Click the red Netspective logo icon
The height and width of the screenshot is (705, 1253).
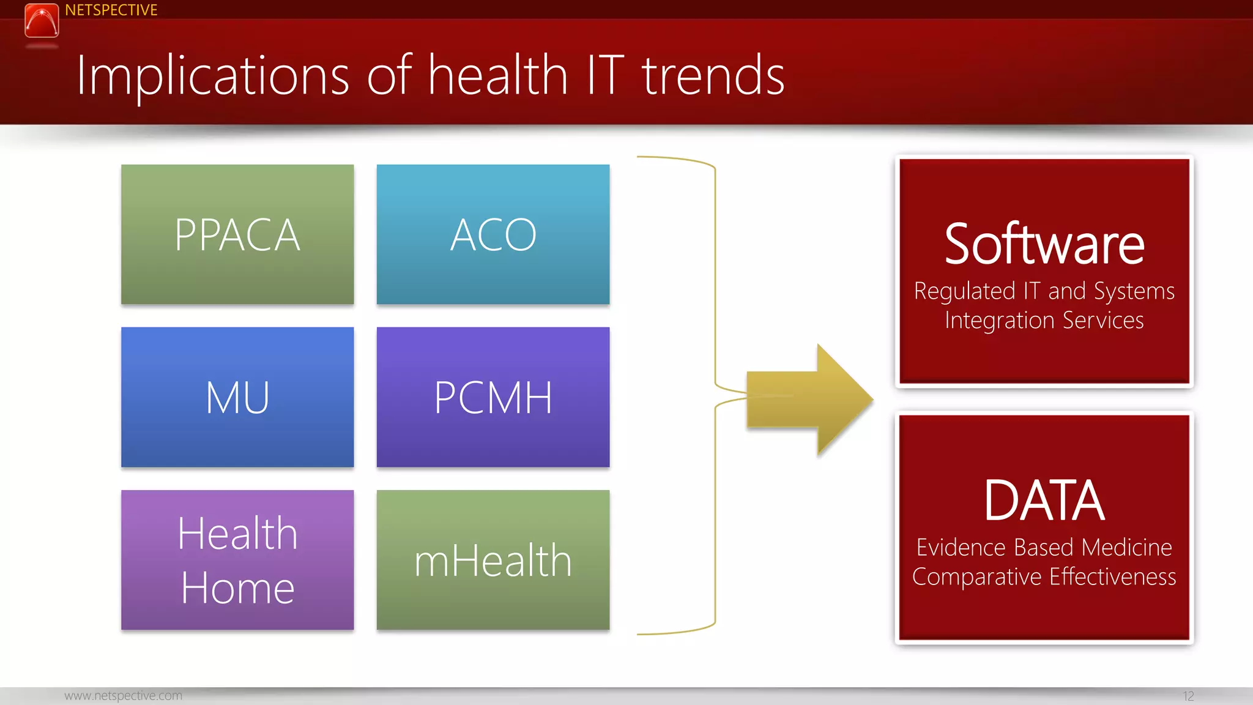pos(42,20)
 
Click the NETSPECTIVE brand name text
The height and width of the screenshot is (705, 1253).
pos(111,10)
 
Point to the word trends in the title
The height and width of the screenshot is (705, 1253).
pos(713,76)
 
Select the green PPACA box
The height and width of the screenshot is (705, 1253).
pos(237,234)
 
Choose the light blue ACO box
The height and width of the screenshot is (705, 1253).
pos(493,234)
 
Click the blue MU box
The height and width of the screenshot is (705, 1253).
pos(237,397)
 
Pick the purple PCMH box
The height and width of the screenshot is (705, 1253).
pos(493,397)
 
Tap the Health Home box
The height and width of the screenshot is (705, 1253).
pos(237,560)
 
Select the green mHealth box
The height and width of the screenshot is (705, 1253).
pos(493,560)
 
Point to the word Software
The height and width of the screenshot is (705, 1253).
pos(1044,245)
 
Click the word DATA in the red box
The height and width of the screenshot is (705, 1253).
pos(1044,501)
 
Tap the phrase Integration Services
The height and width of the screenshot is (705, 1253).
pos(1044,321)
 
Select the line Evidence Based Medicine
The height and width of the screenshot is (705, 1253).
pos(1044,547)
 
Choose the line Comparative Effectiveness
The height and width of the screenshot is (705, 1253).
pos(1044,576)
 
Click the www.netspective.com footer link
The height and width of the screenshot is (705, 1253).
pos(123,696)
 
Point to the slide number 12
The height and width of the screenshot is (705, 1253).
pos(1188,696)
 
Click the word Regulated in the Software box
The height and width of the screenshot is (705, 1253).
pos(964,291)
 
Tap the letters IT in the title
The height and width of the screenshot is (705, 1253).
pos(605,76)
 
